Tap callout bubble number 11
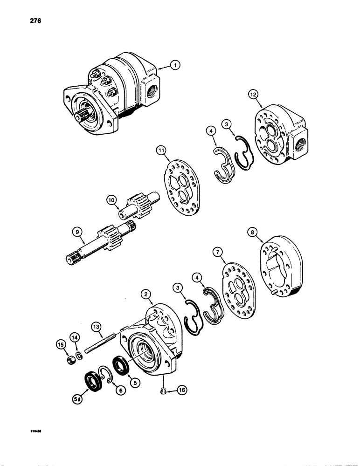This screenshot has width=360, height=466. point(161,151)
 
